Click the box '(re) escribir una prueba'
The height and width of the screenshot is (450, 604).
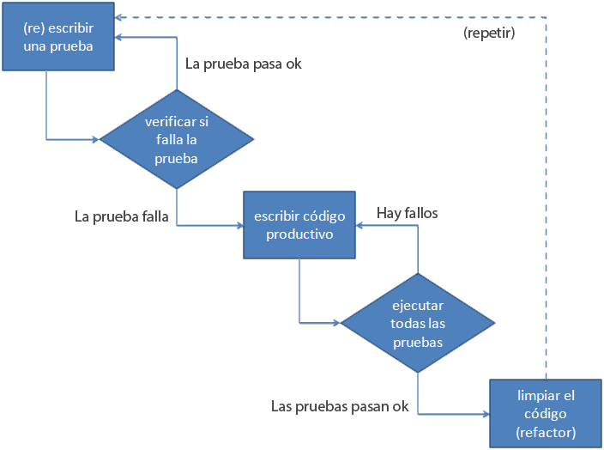pos(58,37)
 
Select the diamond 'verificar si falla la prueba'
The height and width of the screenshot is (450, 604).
pos(177,139)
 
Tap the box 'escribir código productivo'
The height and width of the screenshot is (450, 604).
pos(299,225)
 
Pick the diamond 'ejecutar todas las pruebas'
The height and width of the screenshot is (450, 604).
pos(418,323)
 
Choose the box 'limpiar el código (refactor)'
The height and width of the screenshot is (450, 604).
pos(546,413)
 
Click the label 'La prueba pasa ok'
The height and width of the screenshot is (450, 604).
pos(244,64)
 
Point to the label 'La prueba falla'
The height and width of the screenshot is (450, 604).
pos(121,216)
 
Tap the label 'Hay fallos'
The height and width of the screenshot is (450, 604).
pos(408,213)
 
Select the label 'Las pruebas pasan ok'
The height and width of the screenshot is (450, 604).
pos(340,406)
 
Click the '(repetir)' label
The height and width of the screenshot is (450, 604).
pos(489,33)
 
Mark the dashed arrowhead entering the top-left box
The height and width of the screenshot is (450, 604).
pos(118,17)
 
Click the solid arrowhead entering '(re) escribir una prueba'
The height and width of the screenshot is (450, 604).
pos(118,37)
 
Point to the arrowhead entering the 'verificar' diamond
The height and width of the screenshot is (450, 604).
pos(96,139)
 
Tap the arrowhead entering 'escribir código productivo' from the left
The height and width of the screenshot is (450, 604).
pos(239,225)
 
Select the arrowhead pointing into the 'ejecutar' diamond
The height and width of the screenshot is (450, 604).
pos(336,323)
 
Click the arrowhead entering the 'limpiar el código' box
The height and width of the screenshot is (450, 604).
pos(486,414)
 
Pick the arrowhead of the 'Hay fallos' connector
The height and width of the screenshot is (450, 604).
pos(359,225)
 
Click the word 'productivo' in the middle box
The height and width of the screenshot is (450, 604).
pos(299,234)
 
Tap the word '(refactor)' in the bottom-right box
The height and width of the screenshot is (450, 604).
pos(546,432)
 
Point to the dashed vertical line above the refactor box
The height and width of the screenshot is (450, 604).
pos(546,198)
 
